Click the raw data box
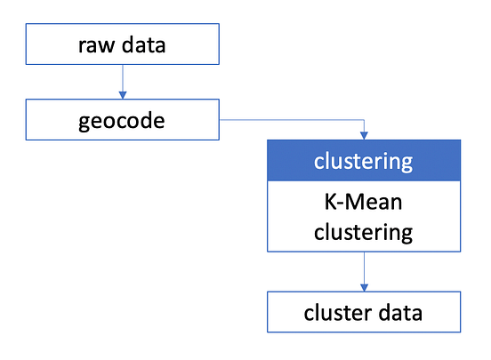[122, 44]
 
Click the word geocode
[122, 120]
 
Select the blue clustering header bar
[364, 161]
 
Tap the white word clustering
[364, 162]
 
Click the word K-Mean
[364, 202]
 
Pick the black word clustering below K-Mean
[364, 232]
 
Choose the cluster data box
[364, 312]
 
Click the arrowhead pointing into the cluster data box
[364, 286]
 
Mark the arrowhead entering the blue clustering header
[364, 134]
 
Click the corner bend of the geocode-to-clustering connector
[364, 119]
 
